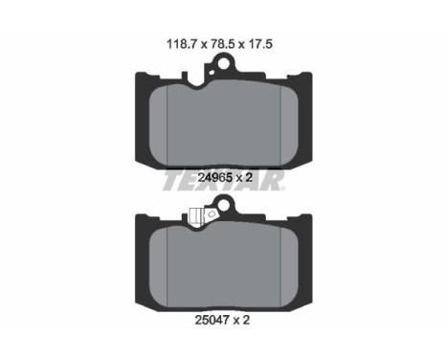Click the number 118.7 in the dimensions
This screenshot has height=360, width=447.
pyautogui.click(x=182, y=44)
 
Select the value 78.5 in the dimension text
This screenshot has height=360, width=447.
pyautogui.click(x=223, y=44)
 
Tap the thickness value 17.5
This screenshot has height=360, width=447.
pyautogui.click(x=260, y=44)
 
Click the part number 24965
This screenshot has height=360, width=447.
pyautogui.click(x=214, y=177)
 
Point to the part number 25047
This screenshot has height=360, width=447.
pyautogui.click(x=212, y=320)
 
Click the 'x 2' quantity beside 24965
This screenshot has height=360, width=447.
pyautogui.click(x=244, y=177)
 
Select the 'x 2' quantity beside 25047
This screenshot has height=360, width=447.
pyautogui.click(x=241, y=320)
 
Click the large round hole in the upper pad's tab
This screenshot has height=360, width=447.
pyautogui.click(x=224, y=63)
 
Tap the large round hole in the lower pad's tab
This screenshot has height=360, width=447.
pyautogui.click(x=224, y=205)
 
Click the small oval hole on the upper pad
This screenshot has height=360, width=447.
pyautogui.click(x=212, y=73)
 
